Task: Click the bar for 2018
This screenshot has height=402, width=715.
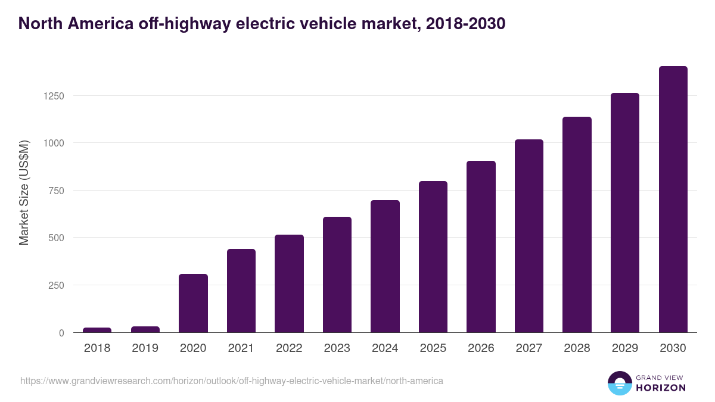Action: point(97,330)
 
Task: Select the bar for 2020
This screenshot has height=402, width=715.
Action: point(193,303)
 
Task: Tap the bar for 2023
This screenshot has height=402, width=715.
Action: point(337,275)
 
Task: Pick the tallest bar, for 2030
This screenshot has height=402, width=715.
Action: point(673,200)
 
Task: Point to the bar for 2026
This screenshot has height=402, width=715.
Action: point(481,247)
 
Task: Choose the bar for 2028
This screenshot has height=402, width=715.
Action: point(577,225)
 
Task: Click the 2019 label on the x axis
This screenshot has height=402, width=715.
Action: point(145,348)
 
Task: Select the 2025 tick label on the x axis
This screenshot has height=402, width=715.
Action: point(433,348)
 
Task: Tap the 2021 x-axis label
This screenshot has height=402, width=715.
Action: point(241,348)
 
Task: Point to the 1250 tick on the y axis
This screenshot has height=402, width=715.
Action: point(52,96)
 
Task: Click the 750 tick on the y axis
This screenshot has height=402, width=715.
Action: point(56,191)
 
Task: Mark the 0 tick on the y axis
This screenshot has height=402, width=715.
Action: point(61,333)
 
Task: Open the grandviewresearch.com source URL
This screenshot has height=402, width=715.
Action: point(232,381)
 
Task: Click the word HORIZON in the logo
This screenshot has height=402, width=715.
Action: point(661,388)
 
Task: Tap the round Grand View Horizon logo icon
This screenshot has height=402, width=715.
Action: point(619,383)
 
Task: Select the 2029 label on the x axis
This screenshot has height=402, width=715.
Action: point(624,348)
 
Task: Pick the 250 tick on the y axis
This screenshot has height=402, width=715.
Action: point(56,285)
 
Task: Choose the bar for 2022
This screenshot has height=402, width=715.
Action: point(289,283)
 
